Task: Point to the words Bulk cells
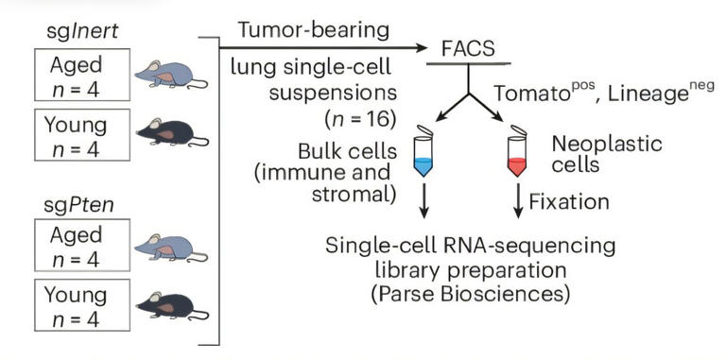tap(353, 152)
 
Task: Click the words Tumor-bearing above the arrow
tap(313, 30)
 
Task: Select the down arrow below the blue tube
tap(422, 201)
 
